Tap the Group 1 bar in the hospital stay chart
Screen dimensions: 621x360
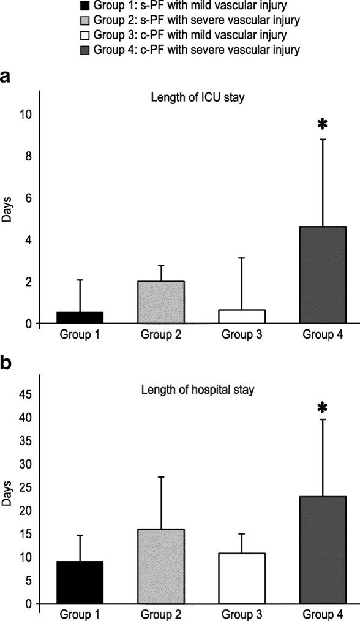[80, 582]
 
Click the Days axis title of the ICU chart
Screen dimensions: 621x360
[8, 219]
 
